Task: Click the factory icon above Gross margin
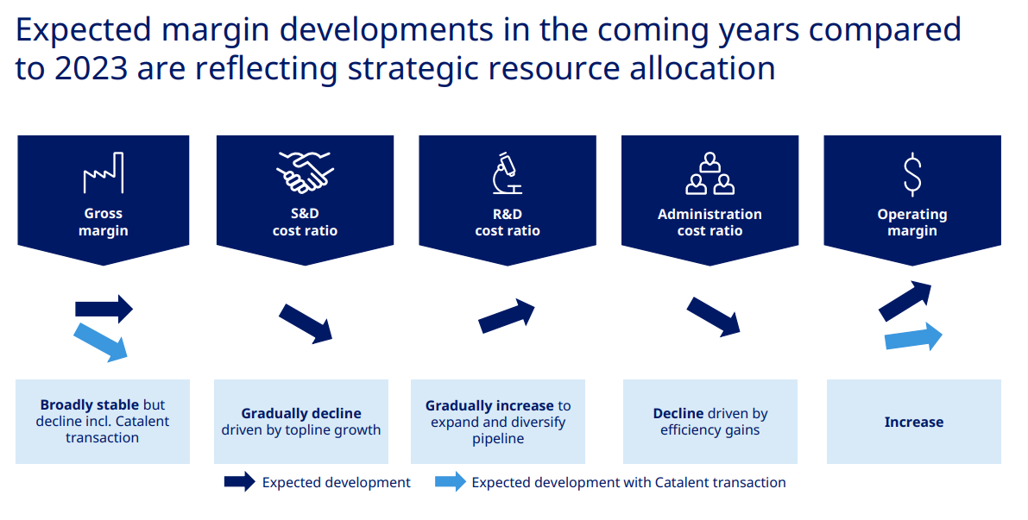coord(104,173)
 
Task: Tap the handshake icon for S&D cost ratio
coord(305,172)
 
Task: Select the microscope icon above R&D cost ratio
coord(508,173)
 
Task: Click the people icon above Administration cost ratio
coord(710,173)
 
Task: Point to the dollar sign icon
coord(912,174)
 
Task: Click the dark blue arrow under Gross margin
coord(104,309)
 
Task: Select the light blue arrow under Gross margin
coord(101,342)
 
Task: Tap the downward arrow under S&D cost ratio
coord(306,323)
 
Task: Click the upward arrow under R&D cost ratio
coord(507,316)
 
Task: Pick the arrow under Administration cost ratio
coord(713,317)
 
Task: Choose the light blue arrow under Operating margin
coord(913,337)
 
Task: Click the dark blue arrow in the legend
coord(239,482)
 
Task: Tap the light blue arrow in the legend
coord(451,482)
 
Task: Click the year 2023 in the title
coord(91,68)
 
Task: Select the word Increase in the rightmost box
coord(914,423)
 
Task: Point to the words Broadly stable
coord(89,404)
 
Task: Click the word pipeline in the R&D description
coord(498,439)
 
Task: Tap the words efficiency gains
coord(710,430)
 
